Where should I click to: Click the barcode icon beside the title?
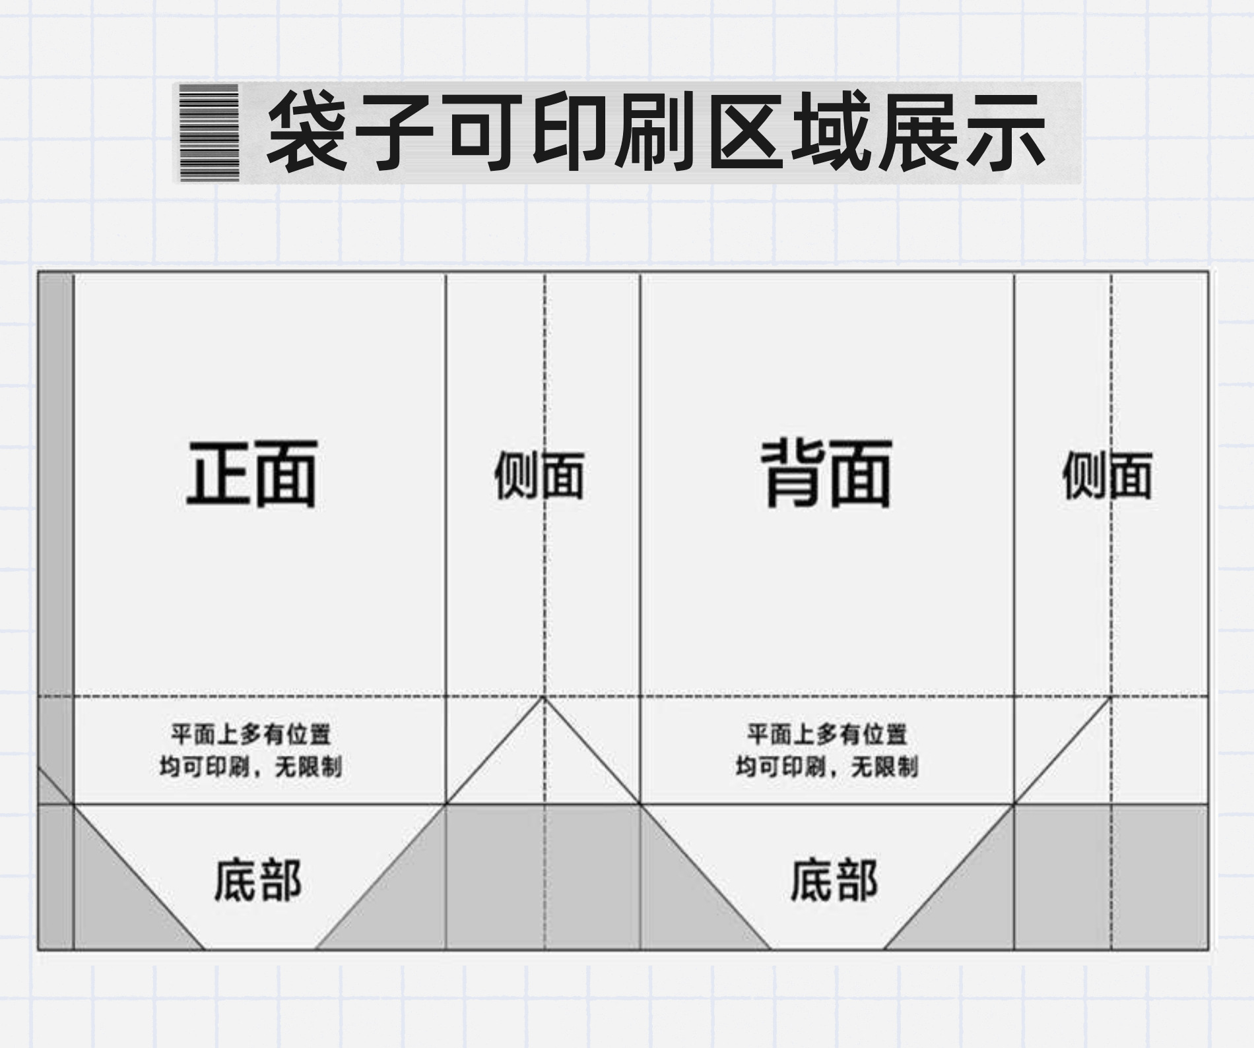209,133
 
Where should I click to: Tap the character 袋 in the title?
308,133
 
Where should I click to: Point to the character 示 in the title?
1006,133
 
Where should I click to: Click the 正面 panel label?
251,475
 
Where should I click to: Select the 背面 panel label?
826,475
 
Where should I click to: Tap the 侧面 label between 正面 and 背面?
539,475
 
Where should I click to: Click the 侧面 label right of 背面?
1107,475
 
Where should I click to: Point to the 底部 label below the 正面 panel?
257,880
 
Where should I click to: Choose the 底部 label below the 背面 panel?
834,880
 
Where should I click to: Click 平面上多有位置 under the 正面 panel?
251,733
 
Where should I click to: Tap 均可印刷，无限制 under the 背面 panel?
826,767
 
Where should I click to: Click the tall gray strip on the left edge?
55,514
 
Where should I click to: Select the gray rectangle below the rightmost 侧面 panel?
1111,877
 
